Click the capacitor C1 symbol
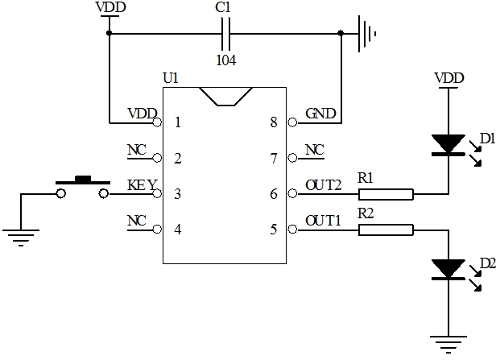click(x=226, y=35)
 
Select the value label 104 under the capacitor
click(x=226, y=59)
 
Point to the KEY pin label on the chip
click(x=142, y=184)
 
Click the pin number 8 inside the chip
click(x=274, y=123)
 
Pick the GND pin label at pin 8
click(x=320, y=114)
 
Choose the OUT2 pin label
click(x=324, y=184)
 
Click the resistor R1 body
click(x=386, y=194)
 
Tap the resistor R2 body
click(x=386, y=230)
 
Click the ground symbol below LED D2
click(x=447, y=342)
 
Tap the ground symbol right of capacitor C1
click(x=366, y=34)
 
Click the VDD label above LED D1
click(x=448, y=78)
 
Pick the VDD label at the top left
click(x=110, y=7)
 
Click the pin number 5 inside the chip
click(x=274, y=230)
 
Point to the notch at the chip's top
click(x=226, y=97)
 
